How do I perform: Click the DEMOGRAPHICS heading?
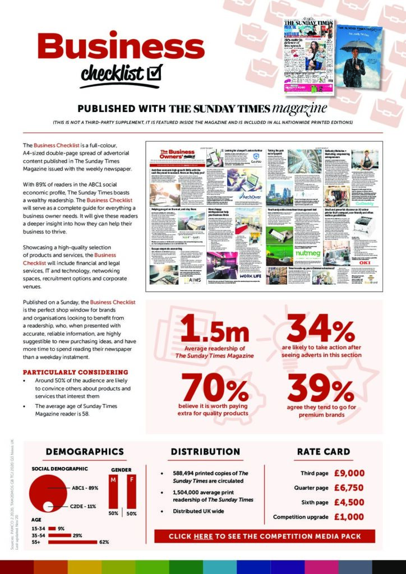(x=85, y=451)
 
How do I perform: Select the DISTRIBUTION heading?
(x=205, y=451)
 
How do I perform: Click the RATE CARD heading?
(x=320, y=451)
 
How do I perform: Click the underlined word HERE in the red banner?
(x=203, y=536)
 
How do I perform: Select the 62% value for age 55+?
(x=104, y=542)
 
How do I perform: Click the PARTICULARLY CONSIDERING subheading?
(x=75, y=372)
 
